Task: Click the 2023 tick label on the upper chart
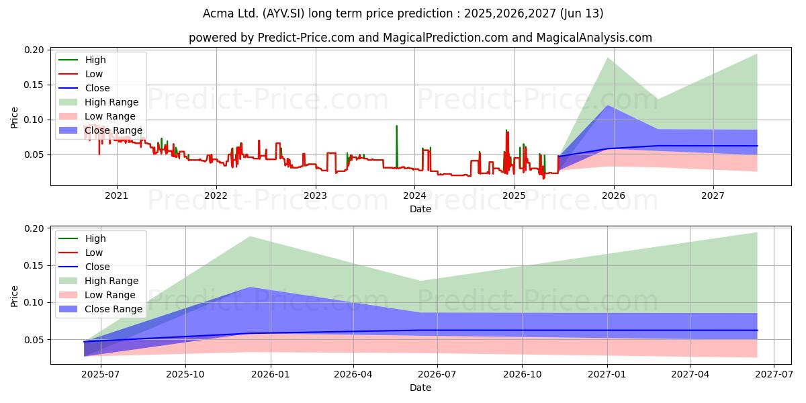point(315,195)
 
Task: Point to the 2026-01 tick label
point(270,375)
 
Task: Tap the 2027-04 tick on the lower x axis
point(690,375)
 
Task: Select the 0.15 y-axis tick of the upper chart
point(34,85)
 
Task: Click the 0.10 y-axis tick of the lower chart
point(34,303)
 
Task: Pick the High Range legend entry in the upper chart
point(98,102)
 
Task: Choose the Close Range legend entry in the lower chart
point(100,309)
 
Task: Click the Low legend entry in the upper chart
point(81,74)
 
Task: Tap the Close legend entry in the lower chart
point(84,267)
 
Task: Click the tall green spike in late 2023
point(396,146)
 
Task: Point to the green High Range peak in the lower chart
point(249,236)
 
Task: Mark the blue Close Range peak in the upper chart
point(608,105)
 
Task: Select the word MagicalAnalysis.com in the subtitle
point(594,38)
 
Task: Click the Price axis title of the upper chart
point(14,118)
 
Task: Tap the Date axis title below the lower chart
point(420,388)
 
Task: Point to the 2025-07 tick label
point(100,375)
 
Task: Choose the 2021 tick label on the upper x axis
point(116,195)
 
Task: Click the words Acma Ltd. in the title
point(230,13)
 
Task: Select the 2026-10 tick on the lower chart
point(522,375)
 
